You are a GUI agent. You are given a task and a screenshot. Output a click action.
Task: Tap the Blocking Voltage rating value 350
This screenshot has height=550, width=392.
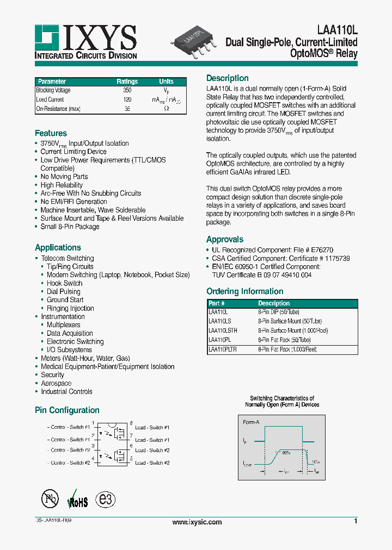127,91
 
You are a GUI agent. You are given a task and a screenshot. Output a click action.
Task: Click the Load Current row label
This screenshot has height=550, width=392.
50,100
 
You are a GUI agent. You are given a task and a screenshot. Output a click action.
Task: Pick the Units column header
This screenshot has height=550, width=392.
167,82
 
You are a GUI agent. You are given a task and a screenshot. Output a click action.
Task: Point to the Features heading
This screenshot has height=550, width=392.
51,133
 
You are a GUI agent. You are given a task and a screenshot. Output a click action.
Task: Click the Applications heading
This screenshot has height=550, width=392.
58,247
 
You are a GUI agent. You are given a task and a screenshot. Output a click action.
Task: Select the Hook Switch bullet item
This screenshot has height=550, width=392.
64,283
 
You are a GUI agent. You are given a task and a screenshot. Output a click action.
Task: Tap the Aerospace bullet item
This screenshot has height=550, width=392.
56,383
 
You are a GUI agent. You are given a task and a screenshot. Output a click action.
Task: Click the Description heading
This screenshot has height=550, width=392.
227,78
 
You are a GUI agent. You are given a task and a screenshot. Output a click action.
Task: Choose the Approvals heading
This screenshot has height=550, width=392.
224,239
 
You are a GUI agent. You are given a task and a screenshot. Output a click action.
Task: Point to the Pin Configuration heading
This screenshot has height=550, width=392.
67,410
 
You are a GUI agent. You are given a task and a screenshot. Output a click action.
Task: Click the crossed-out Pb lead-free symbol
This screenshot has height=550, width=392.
50,499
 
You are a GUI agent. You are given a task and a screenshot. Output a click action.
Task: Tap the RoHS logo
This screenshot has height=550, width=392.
77,501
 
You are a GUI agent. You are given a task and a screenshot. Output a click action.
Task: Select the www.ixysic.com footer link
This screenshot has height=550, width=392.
197,522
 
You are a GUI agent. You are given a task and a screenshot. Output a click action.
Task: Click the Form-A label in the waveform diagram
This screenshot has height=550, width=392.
250,422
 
